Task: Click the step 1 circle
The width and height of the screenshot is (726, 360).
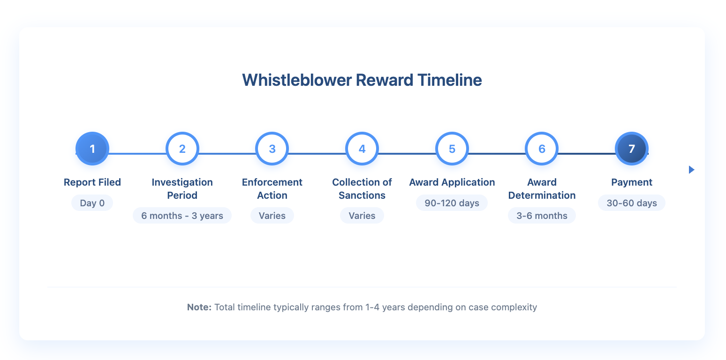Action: (92, 149)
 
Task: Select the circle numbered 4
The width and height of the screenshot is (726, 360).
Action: (362, 149)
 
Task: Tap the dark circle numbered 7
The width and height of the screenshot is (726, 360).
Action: (632, 149)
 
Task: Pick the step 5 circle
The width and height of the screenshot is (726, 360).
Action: (452, 149)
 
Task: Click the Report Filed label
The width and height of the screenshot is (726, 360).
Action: (92, 182)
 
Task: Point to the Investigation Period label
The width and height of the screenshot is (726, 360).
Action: (182, 189)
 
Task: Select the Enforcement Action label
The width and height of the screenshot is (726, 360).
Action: (272, 189)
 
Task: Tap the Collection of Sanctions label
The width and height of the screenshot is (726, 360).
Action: (362, 189)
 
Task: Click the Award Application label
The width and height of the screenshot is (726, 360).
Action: (452, 182)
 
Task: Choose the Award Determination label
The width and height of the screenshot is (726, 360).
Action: (542, 189)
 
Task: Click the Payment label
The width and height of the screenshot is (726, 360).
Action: (632, 182)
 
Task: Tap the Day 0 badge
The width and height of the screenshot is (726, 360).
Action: (92, 203)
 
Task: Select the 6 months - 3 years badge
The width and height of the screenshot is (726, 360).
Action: (182, 216)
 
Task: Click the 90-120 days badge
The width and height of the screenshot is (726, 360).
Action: (452, 203)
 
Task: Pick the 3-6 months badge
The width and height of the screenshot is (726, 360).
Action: (542, 216)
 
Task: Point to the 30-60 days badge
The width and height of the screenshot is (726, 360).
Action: (632, 203)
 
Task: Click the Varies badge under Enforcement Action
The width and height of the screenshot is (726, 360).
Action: (272, 216)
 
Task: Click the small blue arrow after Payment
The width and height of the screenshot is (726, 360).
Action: (691, 170)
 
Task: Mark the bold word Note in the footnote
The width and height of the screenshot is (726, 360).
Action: (199, 307)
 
